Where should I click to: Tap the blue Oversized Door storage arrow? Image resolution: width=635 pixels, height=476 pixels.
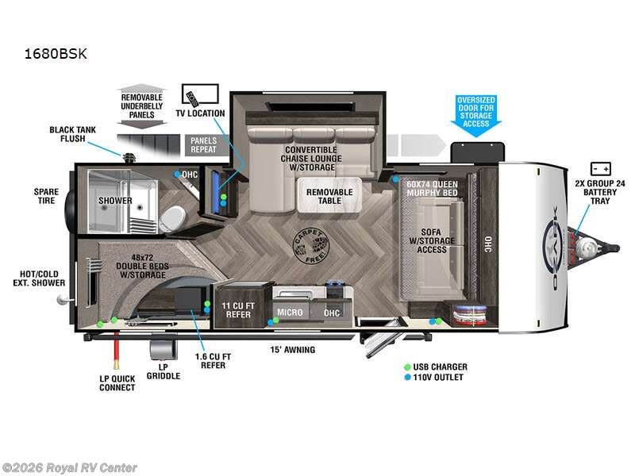[475, 116]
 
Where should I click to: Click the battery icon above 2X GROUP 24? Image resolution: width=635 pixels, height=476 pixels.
[599, 169]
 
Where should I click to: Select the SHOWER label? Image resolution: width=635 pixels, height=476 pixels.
[115, 201]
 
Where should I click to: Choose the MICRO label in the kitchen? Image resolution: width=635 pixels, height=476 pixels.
[290, 313]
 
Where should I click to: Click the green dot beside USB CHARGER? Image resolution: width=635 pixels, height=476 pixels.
[406, 367]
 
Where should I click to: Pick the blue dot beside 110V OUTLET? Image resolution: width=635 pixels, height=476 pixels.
[406, 377]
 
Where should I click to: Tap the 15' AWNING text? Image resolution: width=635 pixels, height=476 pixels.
[292, 350]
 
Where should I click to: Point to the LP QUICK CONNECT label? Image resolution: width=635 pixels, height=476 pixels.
[117, 382]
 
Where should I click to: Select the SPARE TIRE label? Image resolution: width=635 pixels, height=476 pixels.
[46, 197]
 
